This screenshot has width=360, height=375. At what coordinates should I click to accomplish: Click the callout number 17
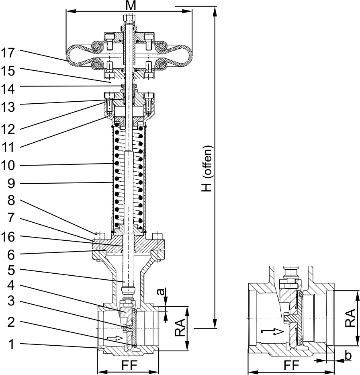(8, 53)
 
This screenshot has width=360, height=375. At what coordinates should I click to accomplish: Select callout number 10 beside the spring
(8, 165)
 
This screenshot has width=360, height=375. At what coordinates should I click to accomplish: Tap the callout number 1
(11, 344)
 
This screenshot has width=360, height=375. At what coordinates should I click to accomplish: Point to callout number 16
(8, 237)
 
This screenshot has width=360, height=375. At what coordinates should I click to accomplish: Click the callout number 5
(11, 270)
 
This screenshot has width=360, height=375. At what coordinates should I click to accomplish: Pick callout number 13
(8, 107)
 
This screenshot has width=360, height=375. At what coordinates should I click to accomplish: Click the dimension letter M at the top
(131, 6)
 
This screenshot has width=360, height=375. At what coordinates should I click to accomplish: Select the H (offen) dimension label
(207, 168)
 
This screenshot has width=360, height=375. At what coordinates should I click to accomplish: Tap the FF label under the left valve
(129, 365)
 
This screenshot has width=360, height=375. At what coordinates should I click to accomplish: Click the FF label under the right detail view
(292, 365)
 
